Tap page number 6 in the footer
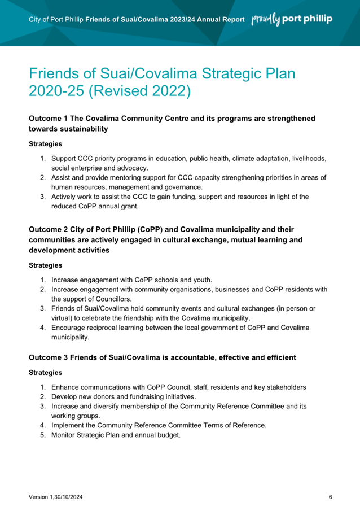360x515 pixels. tap(330, 497)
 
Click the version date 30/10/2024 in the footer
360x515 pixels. tap(68, 497)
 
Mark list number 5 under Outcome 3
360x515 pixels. tap(42, 435)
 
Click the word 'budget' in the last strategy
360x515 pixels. tap(167, 435)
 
